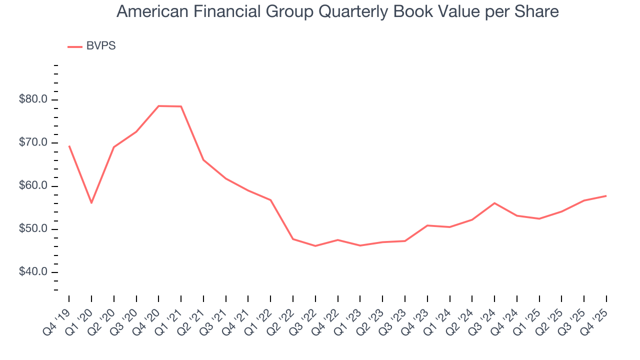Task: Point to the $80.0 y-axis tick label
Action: point(33,99)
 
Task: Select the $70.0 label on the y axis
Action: point(33,143)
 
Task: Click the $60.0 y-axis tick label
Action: point(33,186)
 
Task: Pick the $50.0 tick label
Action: point(33,229)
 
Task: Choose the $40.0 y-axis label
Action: point(33,272)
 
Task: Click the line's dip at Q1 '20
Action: point(91,202)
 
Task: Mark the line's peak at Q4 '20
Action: point(158,106)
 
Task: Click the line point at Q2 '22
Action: point(293,239)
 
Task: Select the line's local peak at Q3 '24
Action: point(494,203)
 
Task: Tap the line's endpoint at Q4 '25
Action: point(606,195)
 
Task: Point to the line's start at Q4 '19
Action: point(69,146)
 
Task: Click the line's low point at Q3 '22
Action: point(315,246)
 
